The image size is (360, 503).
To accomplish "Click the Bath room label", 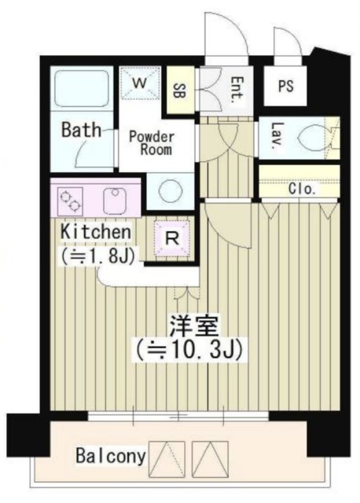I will (x=81, y=129).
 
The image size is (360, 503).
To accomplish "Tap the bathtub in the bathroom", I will (x=83, y=89).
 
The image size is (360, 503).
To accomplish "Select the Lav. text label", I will (x=277, y=136).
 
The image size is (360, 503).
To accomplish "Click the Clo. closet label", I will (x=302, y=189).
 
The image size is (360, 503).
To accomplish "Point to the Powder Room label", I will (x=152, y=142).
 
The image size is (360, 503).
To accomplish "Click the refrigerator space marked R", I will (x=171, y=235).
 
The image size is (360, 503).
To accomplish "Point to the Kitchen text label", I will (x=94, y=233).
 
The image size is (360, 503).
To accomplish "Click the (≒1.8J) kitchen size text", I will (x=91, y=255).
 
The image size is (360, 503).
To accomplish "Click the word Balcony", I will (x=109, y=456).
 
